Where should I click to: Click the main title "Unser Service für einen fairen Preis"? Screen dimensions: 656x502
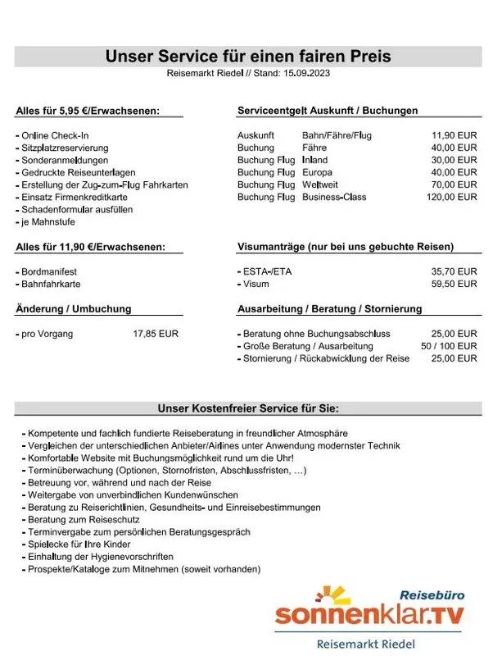[248, 57]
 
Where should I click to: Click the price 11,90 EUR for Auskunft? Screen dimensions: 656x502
[454, 134]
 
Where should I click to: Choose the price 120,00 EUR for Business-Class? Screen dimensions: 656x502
[451, 197]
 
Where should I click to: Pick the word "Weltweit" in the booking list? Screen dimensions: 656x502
[320, 184]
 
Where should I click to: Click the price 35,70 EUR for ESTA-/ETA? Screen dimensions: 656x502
[454, 271]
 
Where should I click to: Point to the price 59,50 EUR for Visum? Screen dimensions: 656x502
[454, 284]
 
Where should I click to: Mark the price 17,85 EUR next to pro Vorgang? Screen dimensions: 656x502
[156, 334]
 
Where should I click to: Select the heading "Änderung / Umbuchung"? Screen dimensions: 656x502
[74, 309]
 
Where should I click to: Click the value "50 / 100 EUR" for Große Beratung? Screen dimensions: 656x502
[449, 346]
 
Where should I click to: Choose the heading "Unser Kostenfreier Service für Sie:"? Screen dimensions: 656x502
[247, 408]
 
